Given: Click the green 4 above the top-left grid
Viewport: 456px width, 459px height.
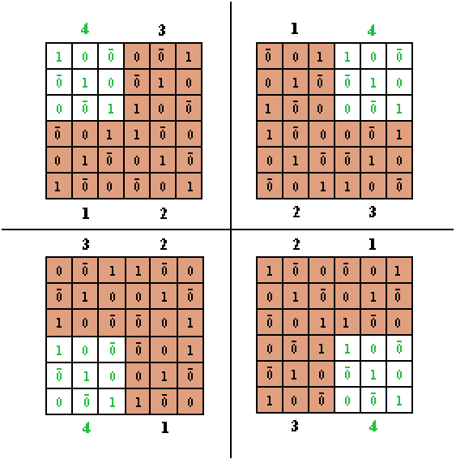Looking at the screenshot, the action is [85, 29].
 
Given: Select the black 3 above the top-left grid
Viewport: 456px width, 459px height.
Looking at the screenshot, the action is [162, 30].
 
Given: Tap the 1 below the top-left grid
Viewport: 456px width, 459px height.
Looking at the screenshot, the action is [85, 213].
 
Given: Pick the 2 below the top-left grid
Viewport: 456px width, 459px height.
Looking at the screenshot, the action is [164, 213].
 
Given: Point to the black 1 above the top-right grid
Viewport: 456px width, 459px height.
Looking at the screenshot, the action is [295, 28].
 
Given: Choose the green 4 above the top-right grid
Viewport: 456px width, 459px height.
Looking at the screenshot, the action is [372, 31].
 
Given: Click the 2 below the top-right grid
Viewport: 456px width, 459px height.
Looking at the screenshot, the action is [296, 212].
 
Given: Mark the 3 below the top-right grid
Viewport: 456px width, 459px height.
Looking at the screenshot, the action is [372, 212].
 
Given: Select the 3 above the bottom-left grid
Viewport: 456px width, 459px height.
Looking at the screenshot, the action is [85, 244].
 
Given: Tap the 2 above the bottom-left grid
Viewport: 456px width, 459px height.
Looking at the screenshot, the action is [164, 244].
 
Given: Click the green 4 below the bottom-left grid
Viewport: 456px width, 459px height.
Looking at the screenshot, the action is [87, 428].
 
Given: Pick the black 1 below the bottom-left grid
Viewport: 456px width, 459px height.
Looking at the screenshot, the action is [165, 428].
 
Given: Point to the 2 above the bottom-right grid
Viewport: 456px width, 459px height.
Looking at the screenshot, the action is [296, 244].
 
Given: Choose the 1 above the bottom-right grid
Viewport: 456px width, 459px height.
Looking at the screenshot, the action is [372, 244].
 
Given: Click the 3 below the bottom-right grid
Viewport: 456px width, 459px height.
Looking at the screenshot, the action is [295, 427].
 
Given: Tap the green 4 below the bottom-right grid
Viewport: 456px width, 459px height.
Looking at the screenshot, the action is [373, 427].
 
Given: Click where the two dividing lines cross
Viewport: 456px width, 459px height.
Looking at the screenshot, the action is [231, 229].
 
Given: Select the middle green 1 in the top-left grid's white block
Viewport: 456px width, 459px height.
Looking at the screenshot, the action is [85, 83].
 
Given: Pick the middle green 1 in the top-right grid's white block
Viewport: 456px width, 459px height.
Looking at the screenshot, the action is [373, 83].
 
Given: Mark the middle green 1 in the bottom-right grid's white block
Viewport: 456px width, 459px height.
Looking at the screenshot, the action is [373, 375].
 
